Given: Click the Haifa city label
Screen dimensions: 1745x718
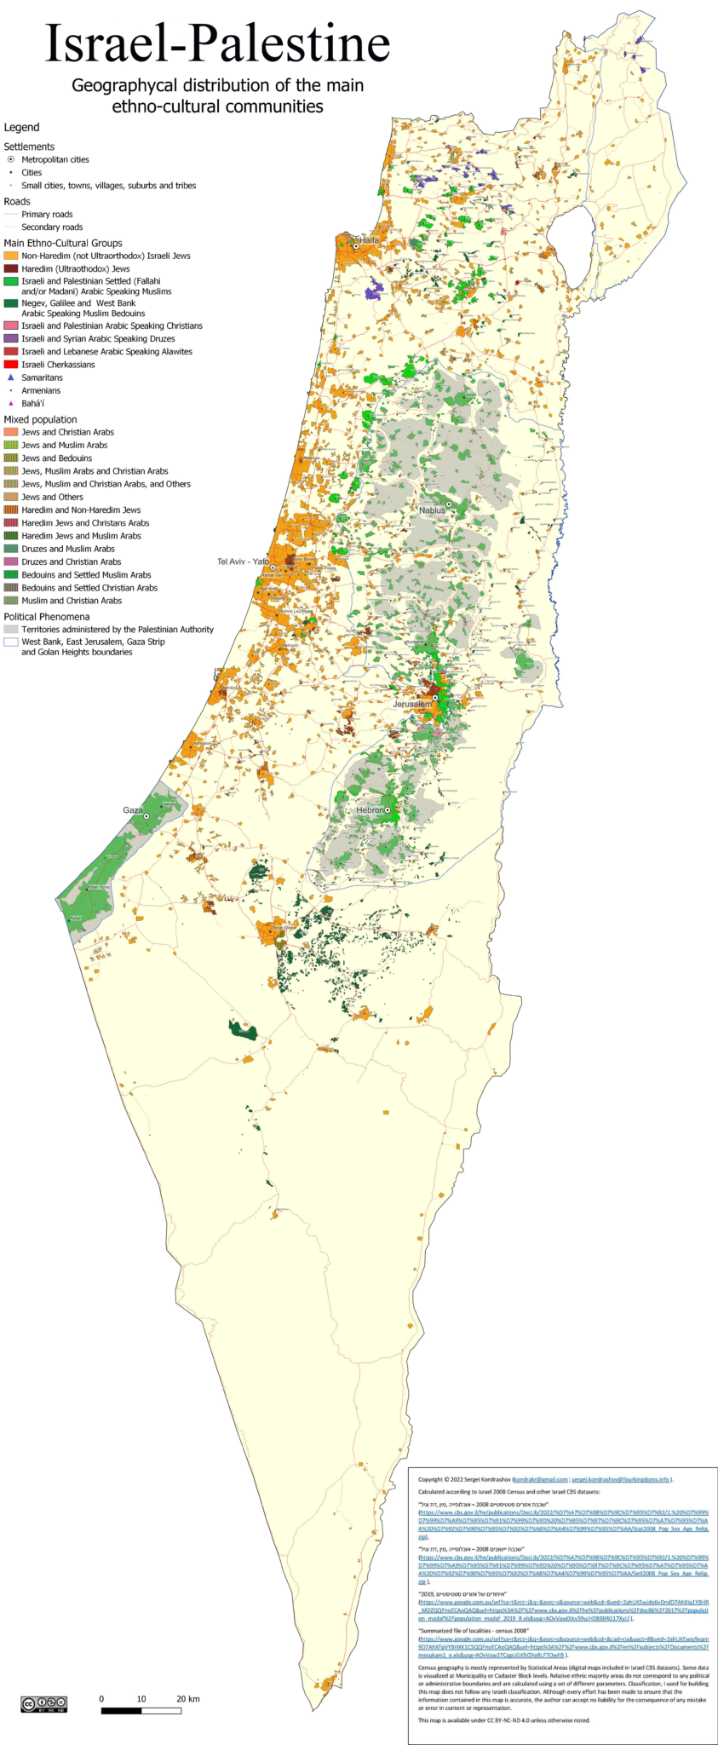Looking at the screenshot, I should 369,240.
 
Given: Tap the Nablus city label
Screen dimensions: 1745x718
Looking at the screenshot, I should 432,510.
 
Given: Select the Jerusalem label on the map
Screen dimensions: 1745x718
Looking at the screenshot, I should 411,705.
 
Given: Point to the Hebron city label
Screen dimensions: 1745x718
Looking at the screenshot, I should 370,810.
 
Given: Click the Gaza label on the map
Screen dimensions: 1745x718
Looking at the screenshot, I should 133,810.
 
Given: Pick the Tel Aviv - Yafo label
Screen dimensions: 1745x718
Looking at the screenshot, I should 243,562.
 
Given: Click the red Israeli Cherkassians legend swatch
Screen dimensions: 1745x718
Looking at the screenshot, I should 11,365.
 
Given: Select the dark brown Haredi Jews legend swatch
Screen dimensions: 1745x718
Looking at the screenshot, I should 11,268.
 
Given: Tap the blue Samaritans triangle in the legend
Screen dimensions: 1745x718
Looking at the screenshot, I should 11,377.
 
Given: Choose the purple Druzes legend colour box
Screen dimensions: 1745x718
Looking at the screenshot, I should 11,338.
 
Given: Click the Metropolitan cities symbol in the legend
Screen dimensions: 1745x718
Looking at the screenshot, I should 11,159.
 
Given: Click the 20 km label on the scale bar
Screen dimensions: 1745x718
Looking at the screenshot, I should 188,1699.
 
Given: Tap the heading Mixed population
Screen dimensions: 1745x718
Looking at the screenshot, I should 40,419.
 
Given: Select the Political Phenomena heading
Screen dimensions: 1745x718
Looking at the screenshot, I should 46,617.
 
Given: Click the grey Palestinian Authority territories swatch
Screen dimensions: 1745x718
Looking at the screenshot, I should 11,630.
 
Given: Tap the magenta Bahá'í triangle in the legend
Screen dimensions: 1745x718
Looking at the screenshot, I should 11,404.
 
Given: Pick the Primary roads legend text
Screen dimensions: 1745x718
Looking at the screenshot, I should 47,215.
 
